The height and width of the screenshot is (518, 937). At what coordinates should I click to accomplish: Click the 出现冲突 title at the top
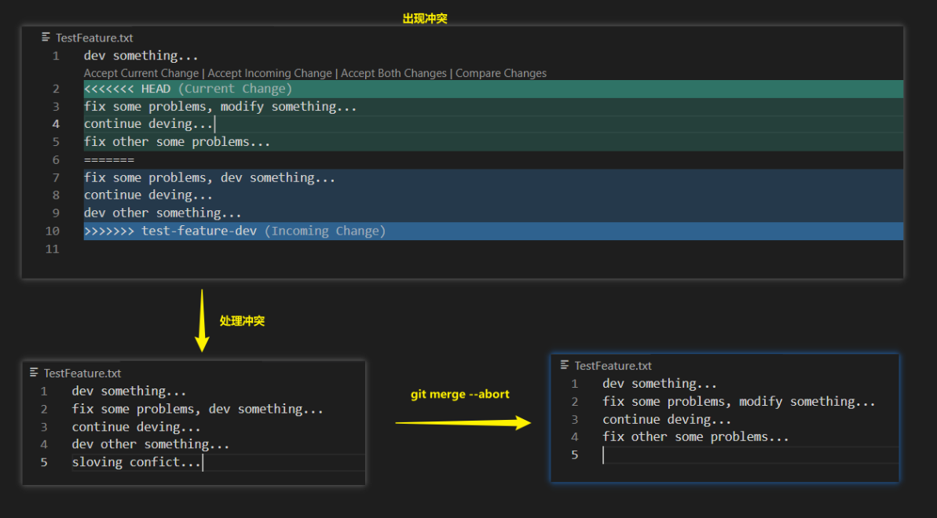[x=425, y=18]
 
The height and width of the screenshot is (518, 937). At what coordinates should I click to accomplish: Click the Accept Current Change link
[x=141, y=73]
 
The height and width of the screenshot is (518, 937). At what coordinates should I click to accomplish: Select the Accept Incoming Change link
[x=269, y=73]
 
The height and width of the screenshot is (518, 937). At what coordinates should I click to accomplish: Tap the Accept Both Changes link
[x=393, y=73]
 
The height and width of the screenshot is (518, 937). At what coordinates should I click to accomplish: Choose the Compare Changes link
[x=501, y=73]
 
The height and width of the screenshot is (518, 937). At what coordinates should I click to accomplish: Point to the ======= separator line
[x=109, y=160]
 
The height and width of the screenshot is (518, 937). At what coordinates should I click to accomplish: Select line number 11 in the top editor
[x=53, y=249]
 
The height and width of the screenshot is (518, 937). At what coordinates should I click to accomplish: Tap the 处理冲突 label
[x=242, y=320]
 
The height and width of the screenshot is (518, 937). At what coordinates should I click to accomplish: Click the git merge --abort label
[x=459, y=394]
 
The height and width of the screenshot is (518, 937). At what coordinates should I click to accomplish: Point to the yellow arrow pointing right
[x=463, y=423]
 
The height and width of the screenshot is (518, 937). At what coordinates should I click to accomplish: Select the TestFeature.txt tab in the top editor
[x=93, y=38]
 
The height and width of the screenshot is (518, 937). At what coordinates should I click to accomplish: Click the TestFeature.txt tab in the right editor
[x=613, y=366]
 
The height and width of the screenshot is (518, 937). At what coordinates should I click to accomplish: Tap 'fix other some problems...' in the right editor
[x=695, y=436]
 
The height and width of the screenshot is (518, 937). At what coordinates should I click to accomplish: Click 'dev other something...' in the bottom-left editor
[x=151, y=444]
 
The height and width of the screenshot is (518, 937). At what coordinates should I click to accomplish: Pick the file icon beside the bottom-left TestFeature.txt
[x=34, y=373]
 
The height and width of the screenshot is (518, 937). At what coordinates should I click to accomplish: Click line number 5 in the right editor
[x=575, y=454]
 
